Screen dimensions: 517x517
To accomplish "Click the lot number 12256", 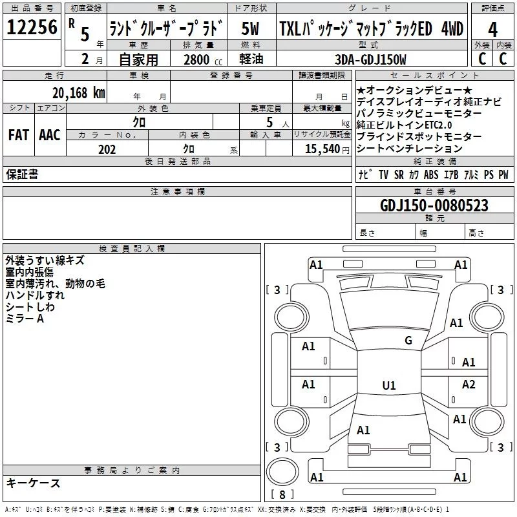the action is click(x=32, y=28).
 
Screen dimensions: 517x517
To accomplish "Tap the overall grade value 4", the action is click(x=492, y=30).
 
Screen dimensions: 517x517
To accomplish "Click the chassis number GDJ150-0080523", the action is click(x=425, y=206).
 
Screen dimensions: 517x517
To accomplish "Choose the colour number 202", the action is click(x=107, y=149).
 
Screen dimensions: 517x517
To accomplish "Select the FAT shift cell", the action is click(x=18, y=135).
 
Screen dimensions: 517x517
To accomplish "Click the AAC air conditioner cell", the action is click(x=50, y=135).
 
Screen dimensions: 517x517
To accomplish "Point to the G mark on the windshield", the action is click(x=408, y=341).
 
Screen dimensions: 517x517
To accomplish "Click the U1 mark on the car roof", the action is click(x=388, y=386).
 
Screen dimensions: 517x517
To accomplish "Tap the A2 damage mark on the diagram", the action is click(x=469, y=385).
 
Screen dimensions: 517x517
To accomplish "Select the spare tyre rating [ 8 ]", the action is click(x=282, y=495).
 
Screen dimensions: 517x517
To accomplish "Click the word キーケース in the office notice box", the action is click(x=34, y=483).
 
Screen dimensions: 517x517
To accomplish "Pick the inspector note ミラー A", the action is click(x=25, y=319).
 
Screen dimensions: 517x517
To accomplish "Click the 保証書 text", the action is click(x=22, y=174).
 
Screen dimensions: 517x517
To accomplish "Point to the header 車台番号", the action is click(x=426, y=192).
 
